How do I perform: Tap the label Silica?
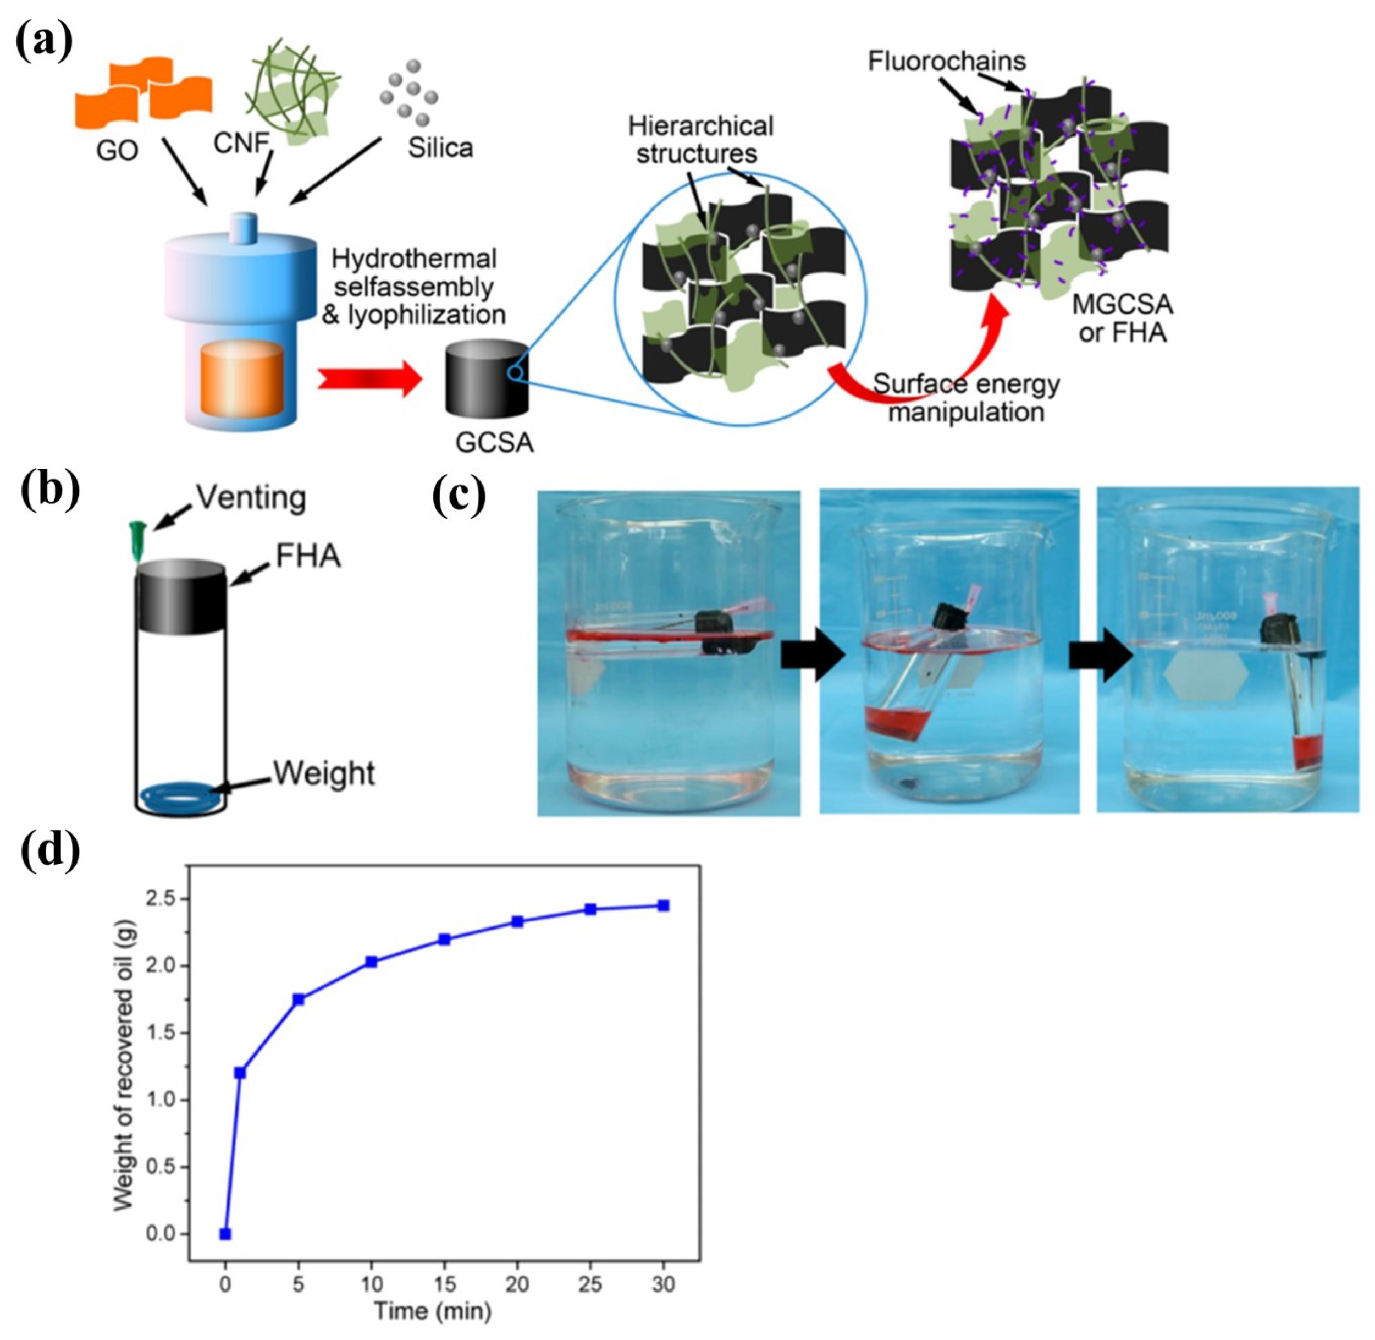[x=440, y=148]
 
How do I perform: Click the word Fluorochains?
[x=946, y=61]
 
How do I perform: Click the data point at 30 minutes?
[x=662, y=906]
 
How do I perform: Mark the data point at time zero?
[x=225, y=1234]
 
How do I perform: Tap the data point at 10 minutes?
[x=371, y=962]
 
